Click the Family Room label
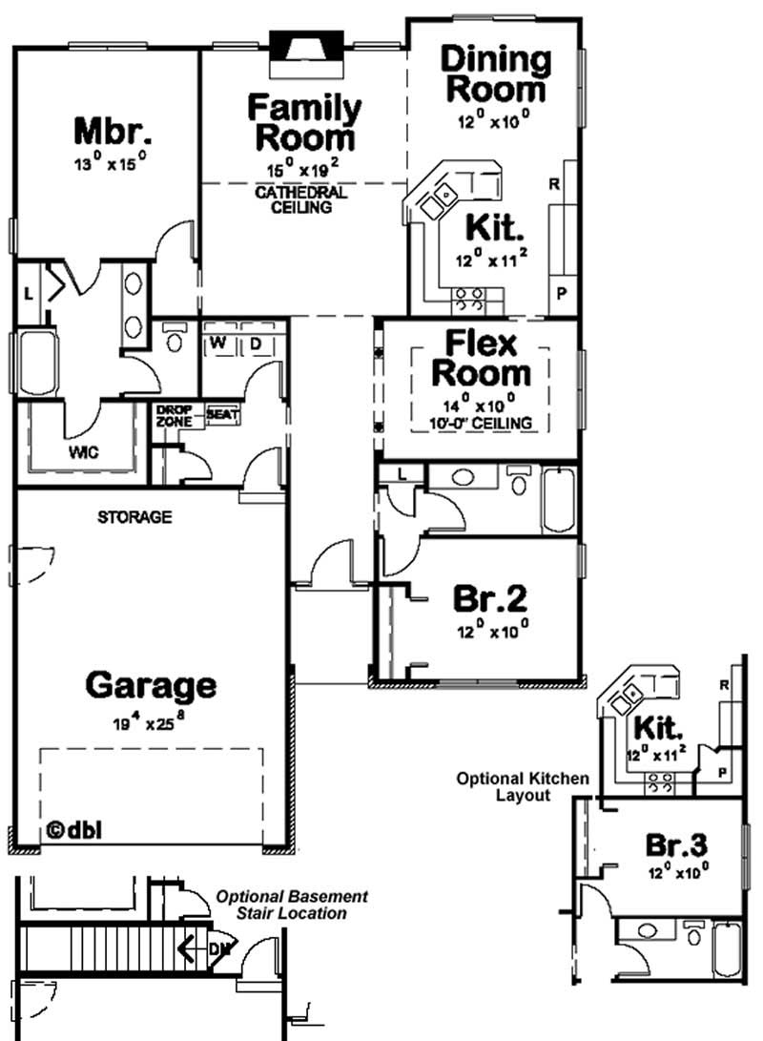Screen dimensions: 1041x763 coord(304,123)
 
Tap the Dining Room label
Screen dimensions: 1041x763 coord(496,74)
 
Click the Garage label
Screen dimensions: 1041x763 coord(151,685)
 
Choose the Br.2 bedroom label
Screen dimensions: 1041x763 coord(489,599)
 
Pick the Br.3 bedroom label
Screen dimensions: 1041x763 coord(683,844)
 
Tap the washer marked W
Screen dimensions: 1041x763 coord(217,342)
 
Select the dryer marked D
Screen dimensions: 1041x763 coord(256,342)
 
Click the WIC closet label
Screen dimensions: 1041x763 coord(83,450)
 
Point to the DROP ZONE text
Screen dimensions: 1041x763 coord(175,415)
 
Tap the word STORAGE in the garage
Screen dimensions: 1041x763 coord(134,517)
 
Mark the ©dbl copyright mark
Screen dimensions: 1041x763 coord(73,829)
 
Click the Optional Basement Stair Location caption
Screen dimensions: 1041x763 coord(292,905)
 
